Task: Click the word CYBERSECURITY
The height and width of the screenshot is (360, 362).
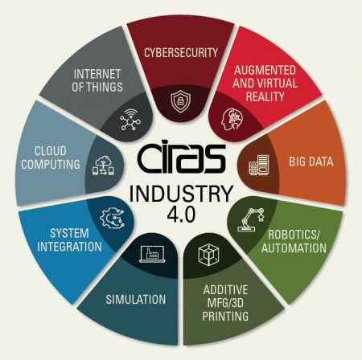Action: pos(181,52)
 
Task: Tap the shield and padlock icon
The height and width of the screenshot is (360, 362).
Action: pos(181,101)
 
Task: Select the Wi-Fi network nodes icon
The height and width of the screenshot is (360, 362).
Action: pos(130,120)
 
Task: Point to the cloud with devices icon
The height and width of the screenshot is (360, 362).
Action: pos(103,166)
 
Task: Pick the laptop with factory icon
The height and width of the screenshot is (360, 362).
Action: pos(152,254)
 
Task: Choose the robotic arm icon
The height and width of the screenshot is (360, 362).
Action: pos(251,219)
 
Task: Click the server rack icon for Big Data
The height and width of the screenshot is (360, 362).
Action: pos(259,165)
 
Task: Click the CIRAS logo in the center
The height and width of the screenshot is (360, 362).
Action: pos(182,158)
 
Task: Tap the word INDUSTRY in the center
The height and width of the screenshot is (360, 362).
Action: pos(181,194)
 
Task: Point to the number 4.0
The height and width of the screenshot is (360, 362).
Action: pos(181,215)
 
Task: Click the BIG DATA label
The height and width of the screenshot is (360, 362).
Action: pos(311,162)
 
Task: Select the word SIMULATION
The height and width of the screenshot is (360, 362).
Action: pos(136,300)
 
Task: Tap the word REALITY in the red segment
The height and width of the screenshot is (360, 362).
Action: pos(265,96)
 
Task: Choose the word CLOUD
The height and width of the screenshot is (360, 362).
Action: pos(51,151)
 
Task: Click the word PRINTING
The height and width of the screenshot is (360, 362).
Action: pos(225,316)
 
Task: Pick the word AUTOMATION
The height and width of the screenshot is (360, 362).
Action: pos(294,247)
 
